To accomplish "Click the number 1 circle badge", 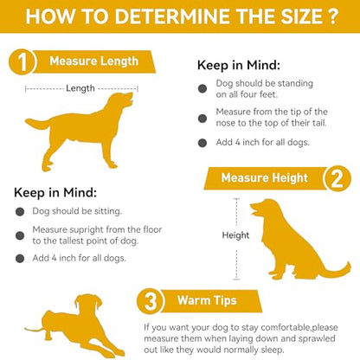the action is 22,61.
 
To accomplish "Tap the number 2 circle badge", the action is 337,178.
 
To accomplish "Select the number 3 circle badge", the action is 151,302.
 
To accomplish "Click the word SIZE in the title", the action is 300,16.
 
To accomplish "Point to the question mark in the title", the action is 332,16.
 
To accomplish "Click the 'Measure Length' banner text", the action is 94,61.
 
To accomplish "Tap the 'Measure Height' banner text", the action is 265,178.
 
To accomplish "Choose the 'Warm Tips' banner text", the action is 207,300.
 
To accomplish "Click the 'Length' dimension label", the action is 80,88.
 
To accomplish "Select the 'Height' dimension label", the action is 235,235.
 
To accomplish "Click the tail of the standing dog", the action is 37,124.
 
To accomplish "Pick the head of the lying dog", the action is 88,306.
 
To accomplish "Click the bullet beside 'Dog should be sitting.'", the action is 20,212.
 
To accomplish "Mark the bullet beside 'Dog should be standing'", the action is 202,88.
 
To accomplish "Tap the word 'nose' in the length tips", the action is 225,123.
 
